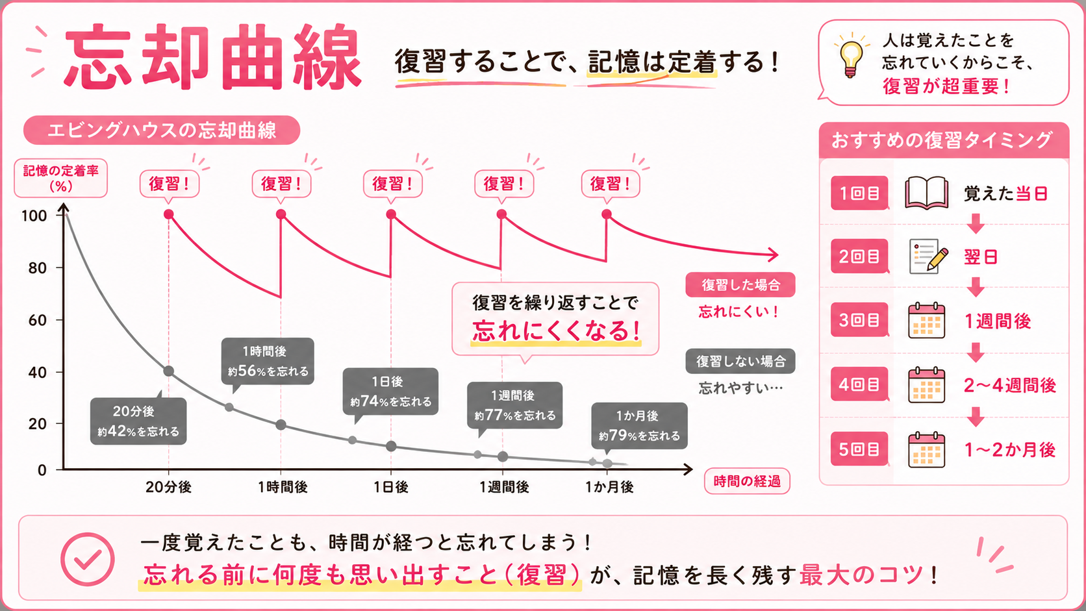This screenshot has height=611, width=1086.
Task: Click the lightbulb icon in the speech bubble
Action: coord(851,56)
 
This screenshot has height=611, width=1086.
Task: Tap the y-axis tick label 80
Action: coord(37,268)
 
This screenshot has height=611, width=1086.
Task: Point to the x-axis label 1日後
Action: coord(391,487)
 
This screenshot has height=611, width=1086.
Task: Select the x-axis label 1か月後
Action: coord(609,487)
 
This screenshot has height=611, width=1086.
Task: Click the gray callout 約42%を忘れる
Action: coord(138,421)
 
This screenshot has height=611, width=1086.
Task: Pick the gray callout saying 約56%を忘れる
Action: coord(268,362)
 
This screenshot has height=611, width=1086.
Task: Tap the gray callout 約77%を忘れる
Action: coord(515,406)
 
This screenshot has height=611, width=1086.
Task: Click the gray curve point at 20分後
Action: coord(169,371)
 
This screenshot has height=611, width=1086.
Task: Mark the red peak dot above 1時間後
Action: coord(281,214)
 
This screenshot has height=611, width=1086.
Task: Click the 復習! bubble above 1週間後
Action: coord(504,184)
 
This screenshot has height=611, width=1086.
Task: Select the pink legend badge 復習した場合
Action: coord(740,284)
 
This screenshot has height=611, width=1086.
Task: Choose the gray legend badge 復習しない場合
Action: coord(740,361)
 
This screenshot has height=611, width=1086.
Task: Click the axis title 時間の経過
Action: coord(747,481)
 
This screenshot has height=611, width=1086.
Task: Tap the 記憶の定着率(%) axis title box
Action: coord(60,179)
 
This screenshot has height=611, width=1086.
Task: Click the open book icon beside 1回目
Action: coord(926,193)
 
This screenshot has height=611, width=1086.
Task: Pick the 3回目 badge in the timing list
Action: coord(859,320)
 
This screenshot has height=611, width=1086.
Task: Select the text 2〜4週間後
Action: coord(1010,385)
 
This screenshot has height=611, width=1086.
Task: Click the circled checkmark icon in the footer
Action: coord(88,559)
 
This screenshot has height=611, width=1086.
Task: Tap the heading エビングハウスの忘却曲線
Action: coord(162,131)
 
